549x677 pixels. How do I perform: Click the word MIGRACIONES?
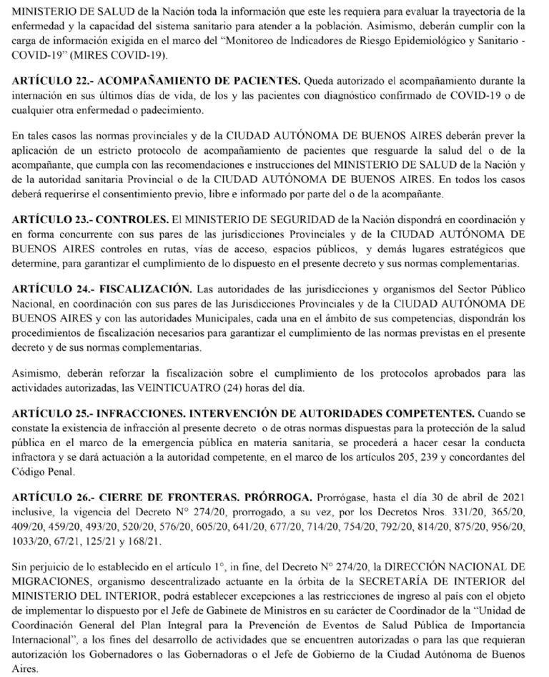coord(51,579)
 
